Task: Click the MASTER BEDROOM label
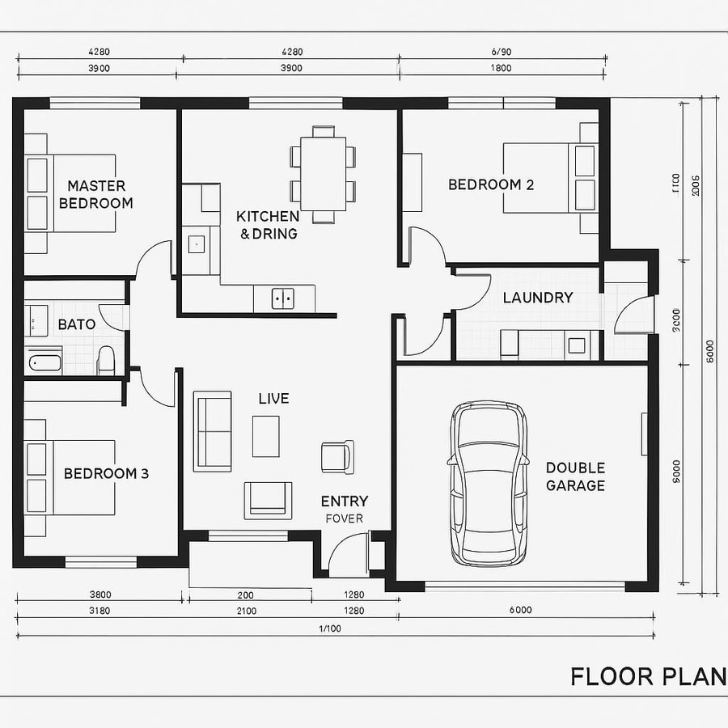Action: [x=95, y=195]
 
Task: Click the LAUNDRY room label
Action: [x=537, y=298]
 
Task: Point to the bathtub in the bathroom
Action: [x=45, y=362]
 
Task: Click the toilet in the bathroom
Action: [x=106, y=360]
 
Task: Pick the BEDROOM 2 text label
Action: [x=491, y=184]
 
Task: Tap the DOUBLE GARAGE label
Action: [x=575, y=476]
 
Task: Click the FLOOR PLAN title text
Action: [x=648, y=676]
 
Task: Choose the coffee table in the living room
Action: [x=266, y=436]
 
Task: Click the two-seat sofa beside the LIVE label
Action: [x=213, y=431]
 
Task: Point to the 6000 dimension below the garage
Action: [x=520, y=611]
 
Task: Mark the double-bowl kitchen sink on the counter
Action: [x=282, y=298]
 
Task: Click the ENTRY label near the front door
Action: [x=345, y=502]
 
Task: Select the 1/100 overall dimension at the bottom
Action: [x=330, y=629]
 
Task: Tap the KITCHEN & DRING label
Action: [x=268, y=225]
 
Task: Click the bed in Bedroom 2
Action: [x=550, y=178]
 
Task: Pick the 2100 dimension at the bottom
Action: [x=246, y=611]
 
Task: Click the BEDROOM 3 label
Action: [x=106, y=473]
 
